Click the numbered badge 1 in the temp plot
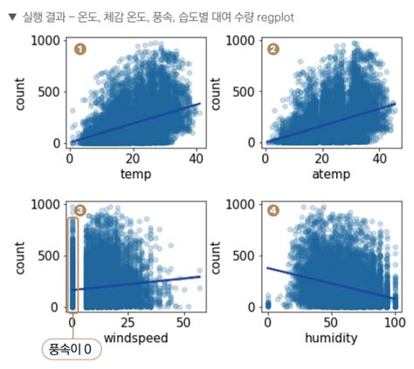click(x=79, y=49)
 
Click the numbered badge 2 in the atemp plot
click(x=273, y=49)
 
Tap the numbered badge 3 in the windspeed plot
click(x=79, y=210)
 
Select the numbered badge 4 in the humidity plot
click(x=273, y=210)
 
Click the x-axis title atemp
click(x=330, y=174)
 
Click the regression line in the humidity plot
click(x=331, y=284)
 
